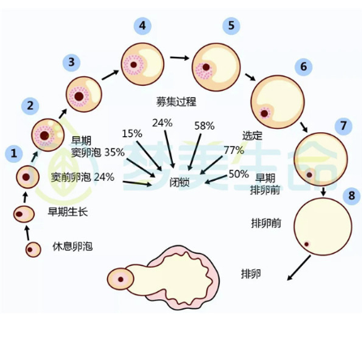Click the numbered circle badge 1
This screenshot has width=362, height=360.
click(13, 152)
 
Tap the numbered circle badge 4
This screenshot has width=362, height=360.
click(144, 26)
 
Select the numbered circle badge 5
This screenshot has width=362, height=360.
click(232, 26)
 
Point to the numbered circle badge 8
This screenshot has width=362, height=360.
click(351, 196)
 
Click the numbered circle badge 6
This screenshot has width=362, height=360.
click(304, 66)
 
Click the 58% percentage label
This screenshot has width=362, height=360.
click(204, 126)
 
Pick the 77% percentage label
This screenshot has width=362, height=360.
click(234, 150)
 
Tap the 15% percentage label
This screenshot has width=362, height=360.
click(131, 133)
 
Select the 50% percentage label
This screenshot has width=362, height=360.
click(239, 174)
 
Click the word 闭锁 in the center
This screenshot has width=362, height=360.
click(180, 182)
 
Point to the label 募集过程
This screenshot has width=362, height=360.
click(176, 101)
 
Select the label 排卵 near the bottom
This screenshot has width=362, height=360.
click(251, 273)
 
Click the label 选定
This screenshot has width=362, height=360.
click(252, 135)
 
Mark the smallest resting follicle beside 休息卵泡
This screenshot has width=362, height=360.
click(32, 250)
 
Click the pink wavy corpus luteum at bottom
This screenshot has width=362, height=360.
click(187, 276)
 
